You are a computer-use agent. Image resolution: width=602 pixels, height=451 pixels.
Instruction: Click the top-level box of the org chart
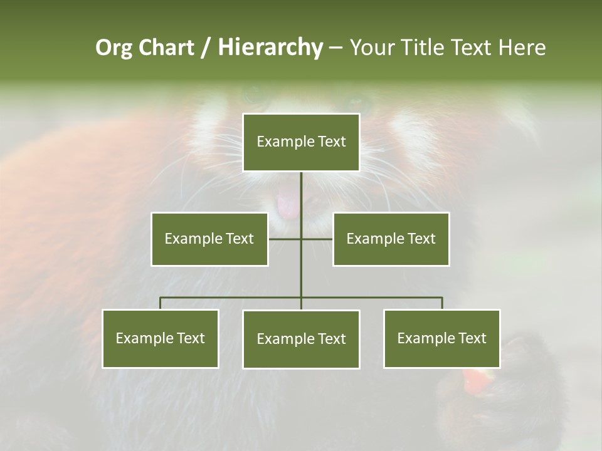coord(301,142)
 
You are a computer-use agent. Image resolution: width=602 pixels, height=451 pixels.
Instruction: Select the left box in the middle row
coord(209,239)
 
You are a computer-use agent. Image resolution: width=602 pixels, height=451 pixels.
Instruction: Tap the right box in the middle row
coord(391,239)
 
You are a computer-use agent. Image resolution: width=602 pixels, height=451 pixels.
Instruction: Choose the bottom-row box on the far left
coord(160,338)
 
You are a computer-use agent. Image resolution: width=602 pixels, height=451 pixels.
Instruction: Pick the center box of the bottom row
coord(301,339)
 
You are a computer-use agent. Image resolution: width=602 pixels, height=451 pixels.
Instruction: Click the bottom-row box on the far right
coord(441,338)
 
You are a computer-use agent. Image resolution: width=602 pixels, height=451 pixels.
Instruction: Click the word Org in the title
coord(114,48)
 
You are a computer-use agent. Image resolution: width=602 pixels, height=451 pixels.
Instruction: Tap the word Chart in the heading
coord(166,48)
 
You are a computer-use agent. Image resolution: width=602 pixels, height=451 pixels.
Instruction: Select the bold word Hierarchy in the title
coord(270,48)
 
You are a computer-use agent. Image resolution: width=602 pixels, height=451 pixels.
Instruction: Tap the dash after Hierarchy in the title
coord(335,48)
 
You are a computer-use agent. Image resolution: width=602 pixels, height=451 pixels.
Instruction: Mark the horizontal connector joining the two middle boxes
coord(285,239)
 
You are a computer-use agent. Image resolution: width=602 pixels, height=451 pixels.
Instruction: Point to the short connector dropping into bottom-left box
coord(160,304)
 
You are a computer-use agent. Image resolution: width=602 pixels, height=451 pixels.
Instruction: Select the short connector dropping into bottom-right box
coord(442,304)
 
